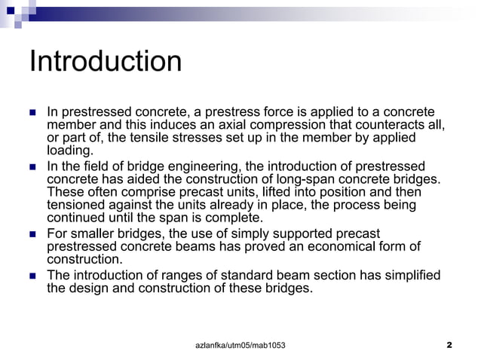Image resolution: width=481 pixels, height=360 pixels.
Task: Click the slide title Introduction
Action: click(105, 62)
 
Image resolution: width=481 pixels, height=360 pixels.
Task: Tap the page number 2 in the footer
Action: click(449, 345)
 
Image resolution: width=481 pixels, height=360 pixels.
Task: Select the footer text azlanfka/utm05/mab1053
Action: click(240, 345)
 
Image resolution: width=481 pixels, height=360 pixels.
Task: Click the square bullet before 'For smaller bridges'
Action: click(33, 234)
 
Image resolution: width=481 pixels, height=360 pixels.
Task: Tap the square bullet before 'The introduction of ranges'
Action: click(33, 275)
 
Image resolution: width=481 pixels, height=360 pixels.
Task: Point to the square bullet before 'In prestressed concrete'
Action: click(33, 112)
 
